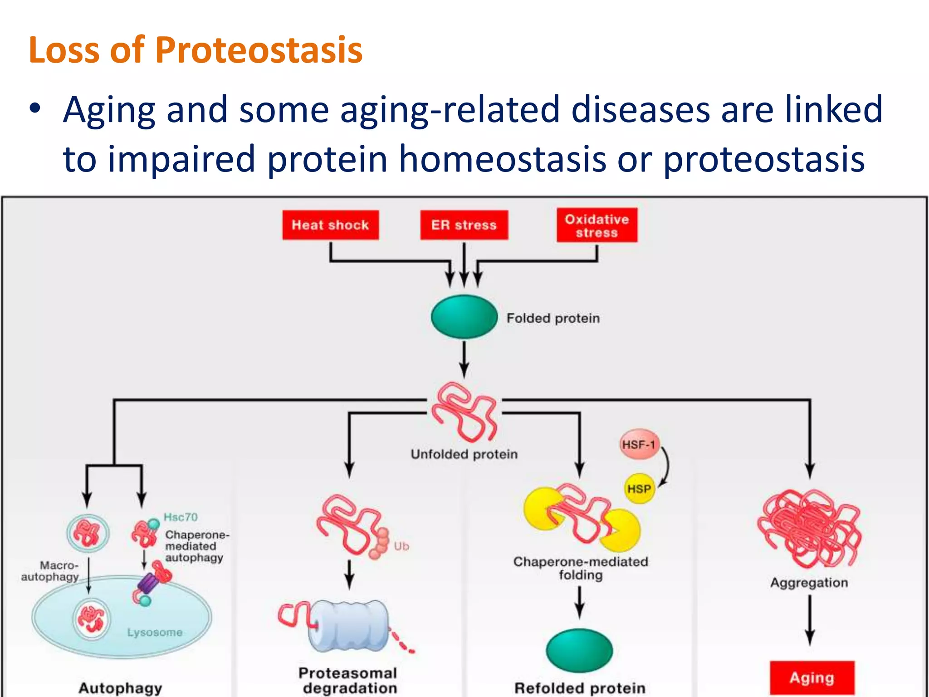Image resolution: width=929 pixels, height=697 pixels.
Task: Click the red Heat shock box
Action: (330, 225)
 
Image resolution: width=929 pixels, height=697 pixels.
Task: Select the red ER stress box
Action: (464, 225)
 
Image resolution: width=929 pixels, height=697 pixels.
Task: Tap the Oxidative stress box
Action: (597, 226)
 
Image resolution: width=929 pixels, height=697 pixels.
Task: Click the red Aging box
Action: (812, 678)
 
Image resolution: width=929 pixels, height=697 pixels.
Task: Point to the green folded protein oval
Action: (464, 317)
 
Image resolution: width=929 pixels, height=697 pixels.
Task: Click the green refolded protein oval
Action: (579, 650)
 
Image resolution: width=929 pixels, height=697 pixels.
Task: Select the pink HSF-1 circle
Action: (639, 444)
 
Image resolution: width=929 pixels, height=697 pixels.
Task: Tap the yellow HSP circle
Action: (639, 489)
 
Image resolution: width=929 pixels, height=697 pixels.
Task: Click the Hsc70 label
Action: (181, 517)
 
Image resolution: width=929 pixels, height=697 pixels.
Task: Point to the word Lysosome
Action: (155, 632)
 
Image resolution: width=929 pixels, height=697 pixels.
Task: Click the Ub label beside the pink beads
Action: (401, 546)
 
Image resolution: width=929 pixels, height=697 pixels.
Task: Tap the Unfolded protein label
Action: (464, 454)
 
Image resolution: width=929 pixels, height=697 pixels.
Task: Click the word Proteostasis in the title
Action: (259, 50)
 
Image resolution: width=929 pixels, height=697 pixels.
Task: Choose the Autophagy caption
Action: (120, 688)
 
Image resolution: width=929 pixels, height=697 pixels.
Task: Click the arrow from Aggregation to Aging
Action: (810, 619)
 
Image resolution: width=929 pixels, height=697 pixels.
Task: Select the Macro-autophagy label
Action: (51, 571)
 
